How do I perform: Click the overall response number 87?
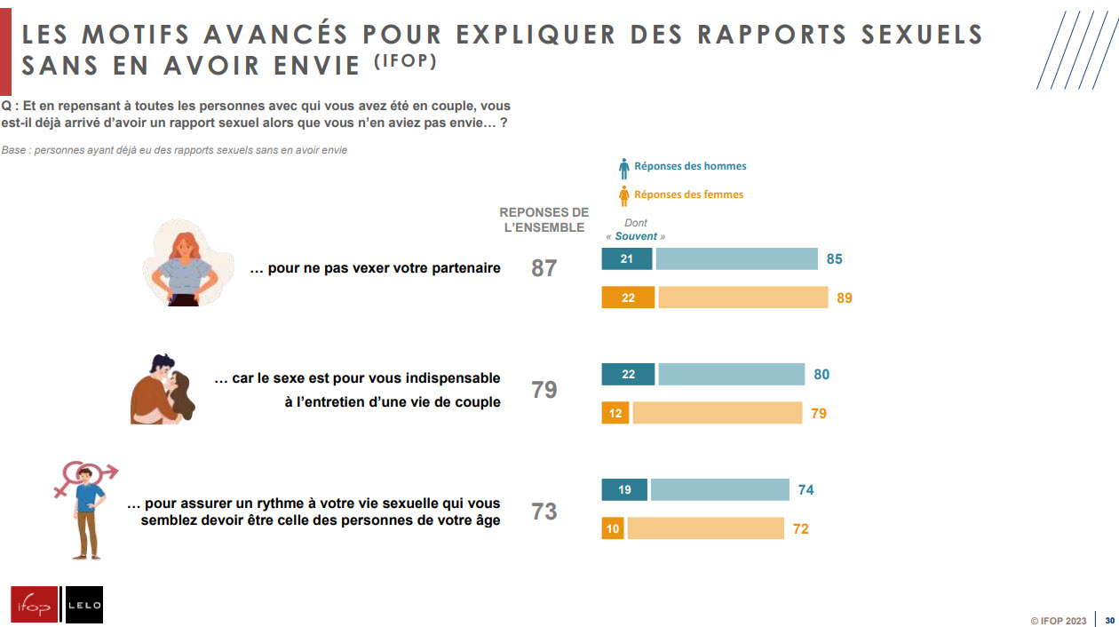544,268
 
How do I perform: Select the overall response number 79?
544,390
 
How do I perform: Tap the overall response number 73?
544,512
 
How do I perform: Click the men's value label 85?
834,259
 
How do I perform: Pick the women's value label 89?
844,298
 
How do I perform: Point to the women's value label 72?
800,529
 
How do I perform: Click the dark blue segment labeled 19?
624,490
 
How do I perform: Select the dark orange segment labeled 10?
613,529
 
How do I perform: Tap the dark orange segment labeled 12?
615,414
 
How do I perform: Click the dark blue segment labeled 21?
627,259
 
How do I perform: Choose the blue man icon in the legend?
623,167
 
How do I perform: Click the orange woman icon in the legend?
623,195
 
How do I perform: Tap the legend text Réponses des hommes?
690,166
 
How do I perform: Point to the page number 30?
1109,621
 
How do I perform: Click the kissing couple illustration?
163,388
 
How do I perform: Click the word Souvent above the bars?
636,236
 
